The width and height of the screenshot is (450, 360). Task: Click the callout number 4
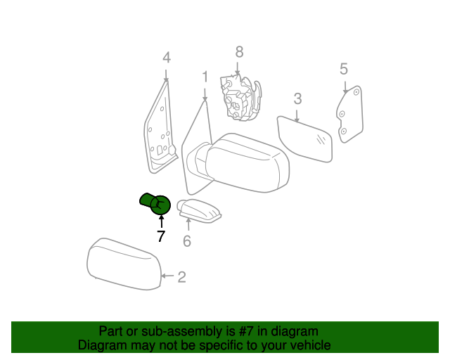tap(167, 58)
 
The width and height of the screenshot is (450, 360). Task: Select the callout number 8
tap(239, 52)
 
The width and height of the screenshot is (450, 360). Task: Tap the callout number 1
tap(205, 77)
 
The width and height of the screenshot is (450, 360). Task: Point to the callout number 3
tap(297, 98)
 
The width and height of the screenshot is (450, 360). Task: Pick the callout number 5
tap(344, 69)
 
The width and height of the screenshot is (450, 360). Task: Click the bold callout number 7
tap(161, 236)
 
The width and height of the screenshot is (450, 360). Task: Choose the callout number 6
tap(187, 241)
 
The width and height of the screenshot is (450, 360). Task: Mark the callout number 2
tap(181, 277)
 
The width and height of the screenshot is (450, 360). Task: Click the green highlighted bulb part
tap(155, 203)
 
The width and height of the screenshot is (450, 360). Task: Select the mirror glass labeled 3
tap(305, 139)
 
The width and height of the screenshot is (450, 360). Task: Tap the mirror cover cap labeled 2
tap(124, 264)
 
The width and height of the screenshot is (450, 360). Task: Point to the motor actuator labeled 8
tap(240, 97)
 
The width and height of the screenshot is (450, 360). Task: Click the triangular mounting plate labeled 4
tap(160, 129)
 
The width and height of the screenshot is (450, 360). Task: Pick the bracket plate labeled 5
tap(350, 114)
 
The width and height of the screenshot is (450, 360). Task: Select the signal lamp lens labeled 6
tap(199, 210)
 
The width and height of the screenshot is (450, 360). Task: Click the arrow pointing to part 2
tap(167, 276)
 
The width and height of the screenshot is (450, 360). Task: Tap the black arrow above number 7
tap(162, 221)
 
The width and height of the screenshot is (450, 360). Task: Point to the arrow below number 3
tap(297, 116)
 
